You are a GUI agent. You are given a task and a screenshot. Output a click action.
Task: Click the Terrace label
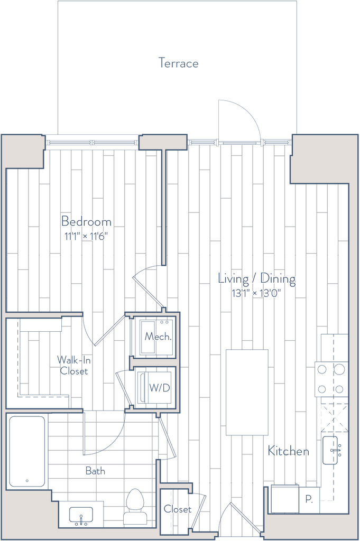[179, 63]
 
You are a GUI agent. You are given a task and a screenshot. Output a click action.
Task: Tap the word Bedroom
[87, 221]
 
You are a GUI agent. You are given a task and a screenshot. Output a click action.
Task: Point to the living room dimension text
[257, 294]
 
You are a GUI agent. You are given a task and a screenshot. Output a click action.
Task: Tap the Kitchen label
[288, 451]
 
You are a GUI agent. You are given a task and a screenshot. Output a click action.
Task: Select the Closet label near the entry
[178, 510]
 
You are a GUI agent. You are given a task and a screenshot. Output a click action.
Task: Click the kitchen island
[247, 392]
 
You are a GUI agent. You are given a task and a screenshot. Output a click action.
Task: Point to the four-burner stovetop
[330, 379]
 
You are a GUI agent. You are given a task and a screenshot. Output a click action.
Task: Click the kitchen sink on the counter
[334, 449]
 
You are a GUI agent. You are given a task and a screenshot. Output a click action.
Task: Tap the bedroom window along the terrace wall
[92, 142]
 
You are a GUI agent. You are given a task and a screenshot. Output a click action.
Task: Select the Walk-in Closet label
[73, 365]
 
